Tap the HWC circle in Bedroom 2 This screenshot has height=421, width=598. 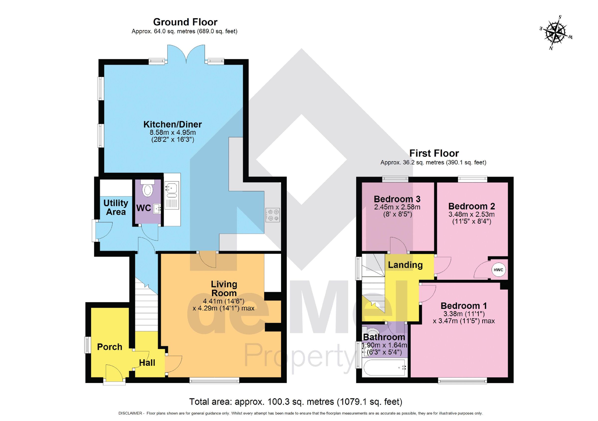[x=498, y=270]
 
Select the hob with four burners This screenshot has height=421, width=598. [x=273, y=215]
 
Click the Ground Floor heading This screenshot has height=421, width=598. [x=185, y=22]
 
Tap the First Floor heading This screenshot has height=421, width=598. [x=434, y=153]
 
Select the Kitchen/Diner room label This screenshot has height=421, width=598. [x=172, y=124]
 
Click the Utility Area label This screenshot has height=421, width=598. [x=116, y=207]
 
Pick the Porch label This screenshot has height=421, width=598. [x=109, y=347]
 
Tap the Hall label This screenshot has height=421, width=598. [x=147, y=363]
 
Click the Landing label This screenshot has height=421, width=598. [x=405, y=265]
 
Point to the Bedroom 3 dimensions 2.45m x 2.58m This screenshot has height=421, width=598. [x=397, y=207]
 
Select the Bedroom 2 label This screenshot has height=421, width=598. [x=471, y=206]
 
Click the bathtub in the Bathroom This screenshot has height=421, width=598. [x=384, y=368]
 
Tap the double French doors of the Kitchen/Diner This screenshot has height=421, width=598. [x=186, y=54]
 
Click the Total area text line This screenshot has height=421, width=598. [x=296, y=402]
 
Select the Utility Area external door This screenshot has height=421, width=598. [x=104, y=230]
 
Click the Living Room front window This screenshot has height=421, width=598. [x=214, y=381]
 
